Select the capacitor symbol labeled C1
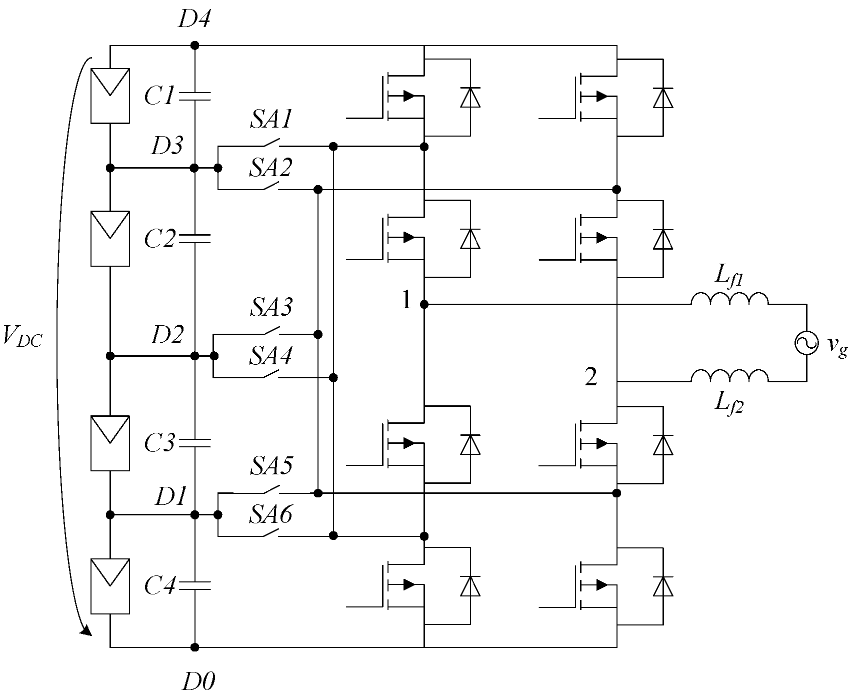pyautogui.click(x=195, y=96)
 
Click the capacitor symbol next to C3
pyautogui.click(x=195, y=442)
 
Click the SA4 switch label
pyautogui.click(x=270, y=356)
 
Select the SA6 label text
pyautogui.click(x=270, y=514)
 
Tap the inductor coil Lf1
pyautogui.click(x=729, y=299)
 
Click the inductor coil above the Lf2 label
pyautogui.click(x=729, y=377)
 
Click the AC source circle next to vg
pyautogui.click(x=806, y=343)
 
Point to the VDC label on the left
pyautogui.click(x=22, y=335)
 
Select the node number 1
pyautogui.click(x=406, y=300)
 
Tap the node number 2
pyautogui.click(x=591, y=377)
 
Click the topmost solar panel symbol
pyautogui.click(x=110, y=96)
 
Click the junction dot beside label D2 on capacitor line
pyautogui.click(x=195, y=356)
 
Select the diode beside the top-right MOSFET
pyautogui.click(x=663, y=97)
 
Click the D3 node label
pyautogui.click(x=167, y=146)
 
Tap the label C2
pyautogui.click(x=158, y=239)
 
